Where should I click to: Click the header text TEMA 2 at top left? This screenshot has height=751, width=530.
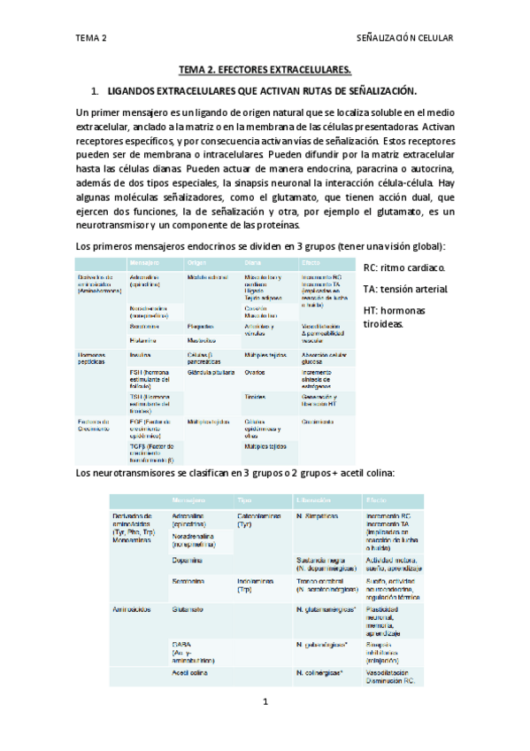pyautogui.click(x=92, y=39)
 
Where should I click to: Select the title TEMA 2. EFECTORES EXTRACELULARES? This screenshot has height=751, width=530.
pyautogui.click(x=265, y=69)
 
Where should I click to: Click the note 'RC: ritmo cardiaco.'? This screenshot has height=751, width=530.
pyautogui.click(x=405, y=267)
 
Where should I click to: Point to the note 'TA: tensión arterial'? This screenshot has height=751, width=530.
pyautogui.click(x=406, y=290)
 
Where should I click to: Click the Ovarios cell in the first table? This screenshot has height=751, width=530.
pyautogui.click(x=256, y=373)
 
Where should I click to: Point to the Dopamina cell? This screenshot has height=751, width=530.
pyautogui.click(x=188, y=560)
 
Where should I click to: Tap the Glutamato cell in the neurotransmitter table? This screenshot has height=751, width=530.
pyautogui.click(x=189, y=610)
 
